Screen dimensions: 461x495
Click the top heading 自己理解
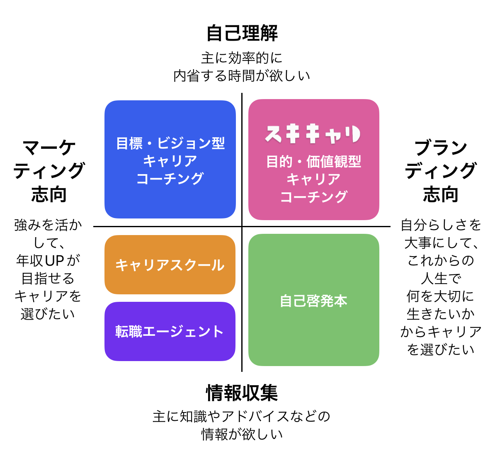(x=242, y=34)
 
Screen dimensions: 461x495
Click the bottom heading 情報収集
(x=242, y=393)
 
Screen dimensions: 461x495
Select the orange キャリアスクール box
(x=170, y=265)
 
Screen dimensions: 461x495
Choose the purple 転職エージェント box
(x=170, y=332)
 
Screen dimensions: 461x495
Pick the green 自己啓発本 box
(x=313, y=301)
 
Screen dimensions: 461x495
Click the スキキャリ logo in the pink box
(x=313, y=134)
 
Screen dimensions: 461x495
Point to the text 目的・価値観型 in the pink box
(x=313, y=161)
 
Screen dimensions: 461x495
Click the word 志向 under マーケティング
(x=49, y=194)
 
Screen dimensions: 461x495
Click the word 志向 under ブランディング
(x=440, y=194)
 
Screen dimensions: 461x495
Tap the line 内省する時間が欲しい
(x=242, y=76)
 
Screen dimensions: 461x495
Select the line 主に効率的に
(x=242, y=58)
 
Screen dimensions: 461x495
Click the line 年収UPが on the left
(x=48, y=260)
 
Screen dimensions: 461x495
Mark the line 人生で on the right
(x=441, y=278)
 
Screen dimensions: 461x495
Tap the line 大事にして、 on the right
(x=441, y=243)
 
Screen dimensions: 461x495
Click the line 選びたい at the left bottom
(x=48, y=314)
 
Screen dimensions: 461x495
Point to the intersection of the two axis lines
(x=242, y=226)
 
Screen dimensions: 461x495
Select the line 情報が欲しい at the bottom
(x=242, y=434)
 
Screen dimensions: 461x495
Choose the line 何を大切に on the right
(x=441, y=296)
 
